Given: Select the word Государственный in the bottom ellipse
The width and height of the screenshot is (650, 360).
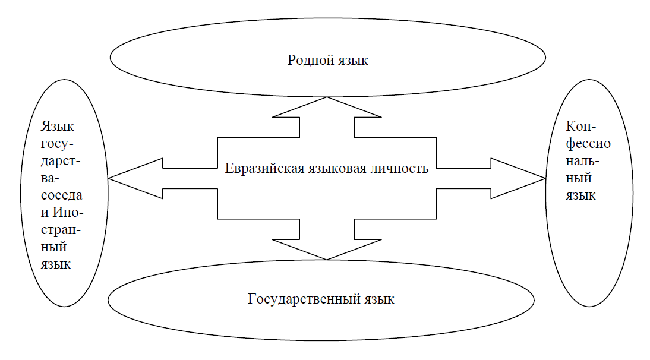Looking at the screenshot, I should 302,299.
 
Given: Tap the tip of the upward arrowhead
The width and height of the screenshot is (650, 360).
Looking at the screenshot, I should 327,97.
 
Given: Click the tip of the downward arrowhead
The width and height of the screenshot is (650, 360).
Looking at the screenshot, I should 327,259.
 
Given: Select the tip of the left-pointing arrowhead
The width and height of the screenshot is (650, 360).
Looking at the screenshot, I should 109,178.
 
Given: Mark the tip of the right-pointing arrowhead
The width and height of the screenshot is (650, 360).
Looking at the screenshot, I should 545,178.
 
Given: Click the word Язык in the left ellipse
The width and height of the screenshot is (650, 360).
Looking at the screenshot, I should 58,127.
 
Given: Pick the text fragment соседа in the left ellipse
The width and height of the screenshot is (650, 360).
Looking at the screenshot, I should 61,195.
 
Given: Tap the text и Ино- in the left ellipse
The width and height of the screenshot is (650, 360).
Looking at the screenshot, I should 61,212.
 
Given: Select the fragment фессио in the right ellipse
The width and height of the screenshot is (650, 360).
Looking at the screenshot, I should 586,144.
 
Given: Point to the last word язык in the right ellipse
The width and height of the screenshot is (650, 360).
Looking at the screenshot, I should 580,195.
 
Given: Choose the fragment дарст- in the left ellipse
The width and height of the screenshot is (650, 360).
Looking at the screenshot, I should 61,160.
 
